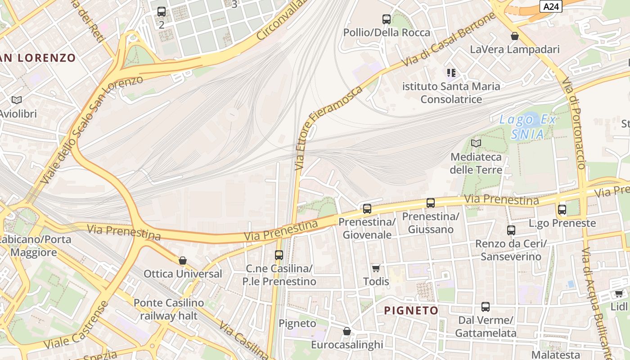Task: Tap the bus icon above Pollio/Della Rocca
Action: coord(387,19)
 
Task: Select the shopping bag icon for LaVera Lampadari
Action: coord(515,36)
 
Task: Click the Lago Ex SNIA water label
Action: coord(527,126)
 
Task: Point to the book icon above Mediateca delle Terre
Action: coord(476,144)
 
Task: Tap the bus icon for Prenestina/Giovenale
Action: coord(367,209)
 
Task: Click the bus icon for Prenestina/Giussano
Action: coord(431,203)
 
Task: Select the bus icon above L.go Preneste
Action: coord(562,210)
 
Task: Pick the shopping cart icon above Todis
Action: coord(376,269)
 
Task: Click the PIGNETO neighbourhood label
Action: coord(411,310)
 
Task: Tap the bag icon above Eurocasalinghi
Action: coord(347,332)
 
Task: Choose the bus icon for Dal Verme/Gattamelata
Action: coord(486,307)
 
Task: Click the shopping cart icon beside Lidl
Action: coord(619,294)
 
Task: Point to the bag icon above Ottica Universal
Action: coord(183,261)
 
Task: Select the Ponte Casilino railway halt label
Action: coord(169,309)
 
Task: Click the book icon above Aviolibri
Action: coord(17,100)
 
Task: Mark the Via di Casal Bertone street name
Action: coord(450,40)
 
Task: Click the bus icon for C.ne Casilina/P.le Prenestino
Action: coord(279,255)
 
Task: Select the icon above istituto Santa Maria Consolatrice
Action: coord(451,73)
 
